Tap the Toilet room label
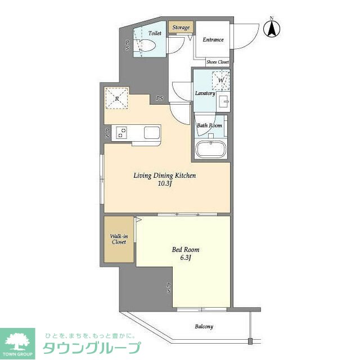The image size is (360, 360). click(x=155, y=34)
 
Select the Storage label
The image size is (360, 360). click(x=181, y=28)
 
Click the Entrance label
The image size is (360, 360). click(x=213, y=40)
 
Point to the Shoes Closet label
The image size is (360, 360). click(x=218, y=62)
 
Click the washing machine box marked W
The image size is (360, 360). click(x=221, y=80)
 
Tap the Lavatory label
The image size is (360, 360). click(x=205, y=93)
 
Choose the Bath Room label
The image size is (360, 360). click(x=209, y=125)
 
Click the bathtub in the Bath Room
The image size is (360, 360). click(x=210, y=150)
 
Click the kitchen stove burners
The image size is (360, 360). click(x=122, y=133)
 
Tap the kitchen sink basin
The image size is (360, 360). click(x=152, y=133)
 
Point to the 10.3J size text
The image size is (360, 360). click(x=164, y=184)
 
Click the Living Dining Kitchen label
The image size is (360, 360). click(x=164, y=175)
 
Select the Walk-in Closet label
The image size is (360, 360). click(x=118, y=238)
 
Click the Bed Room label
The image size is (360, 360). click(x=186, y=250)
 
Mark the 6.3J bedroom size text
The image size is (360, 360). click(x=186, y=258)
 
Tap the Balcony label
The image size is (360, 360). click(x=204, y=326)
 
